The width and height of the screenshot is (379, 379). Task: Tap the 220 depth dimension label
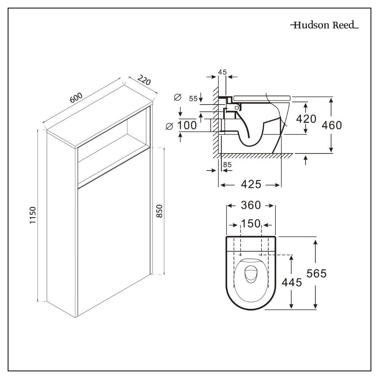click(x=144, y=80)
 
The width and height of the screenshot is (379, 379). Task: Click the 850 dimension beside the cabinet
click(x=160, y=211)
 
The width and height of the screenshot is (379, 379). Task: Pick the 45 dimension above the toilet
click(x=222, y=71)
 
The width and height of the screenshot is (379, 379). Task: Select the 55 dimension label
click(x=193, y=99)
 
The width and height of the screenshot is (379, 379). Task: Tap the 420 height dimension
click(x=306, y=119)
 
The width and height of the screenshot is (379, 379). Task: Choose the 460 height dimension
click(x=332, y=125)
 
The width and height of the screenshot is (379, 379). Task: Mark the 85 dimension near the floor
click(x=227, y=164)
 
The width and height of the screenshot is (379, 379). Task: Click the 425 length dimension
click(x=251, y=184)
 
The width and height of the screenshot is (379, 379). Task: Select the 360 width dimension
click(x=251, y=205)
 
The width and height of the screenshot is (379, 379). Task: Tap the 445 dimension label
click(x=291, y=282)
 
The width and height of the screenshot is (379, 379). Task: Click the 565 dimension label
click(x=316, y=273)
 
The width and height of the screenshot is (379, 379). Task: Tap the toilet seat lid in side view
click(x=262, y=98)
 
